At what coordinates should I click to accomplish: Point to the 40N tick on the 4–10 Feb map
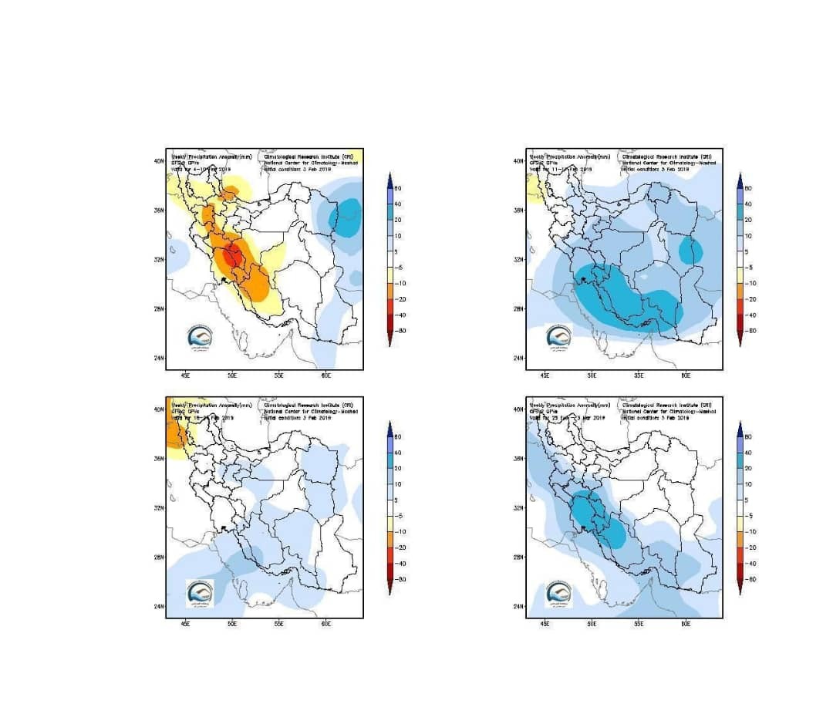158,161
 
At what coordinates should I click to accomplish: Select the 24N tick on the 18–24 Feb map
158,606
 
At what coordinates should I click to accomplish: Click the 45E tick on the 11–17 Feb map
545,376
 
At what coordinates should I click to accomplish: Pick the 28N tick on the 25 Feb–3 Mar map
518,557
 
